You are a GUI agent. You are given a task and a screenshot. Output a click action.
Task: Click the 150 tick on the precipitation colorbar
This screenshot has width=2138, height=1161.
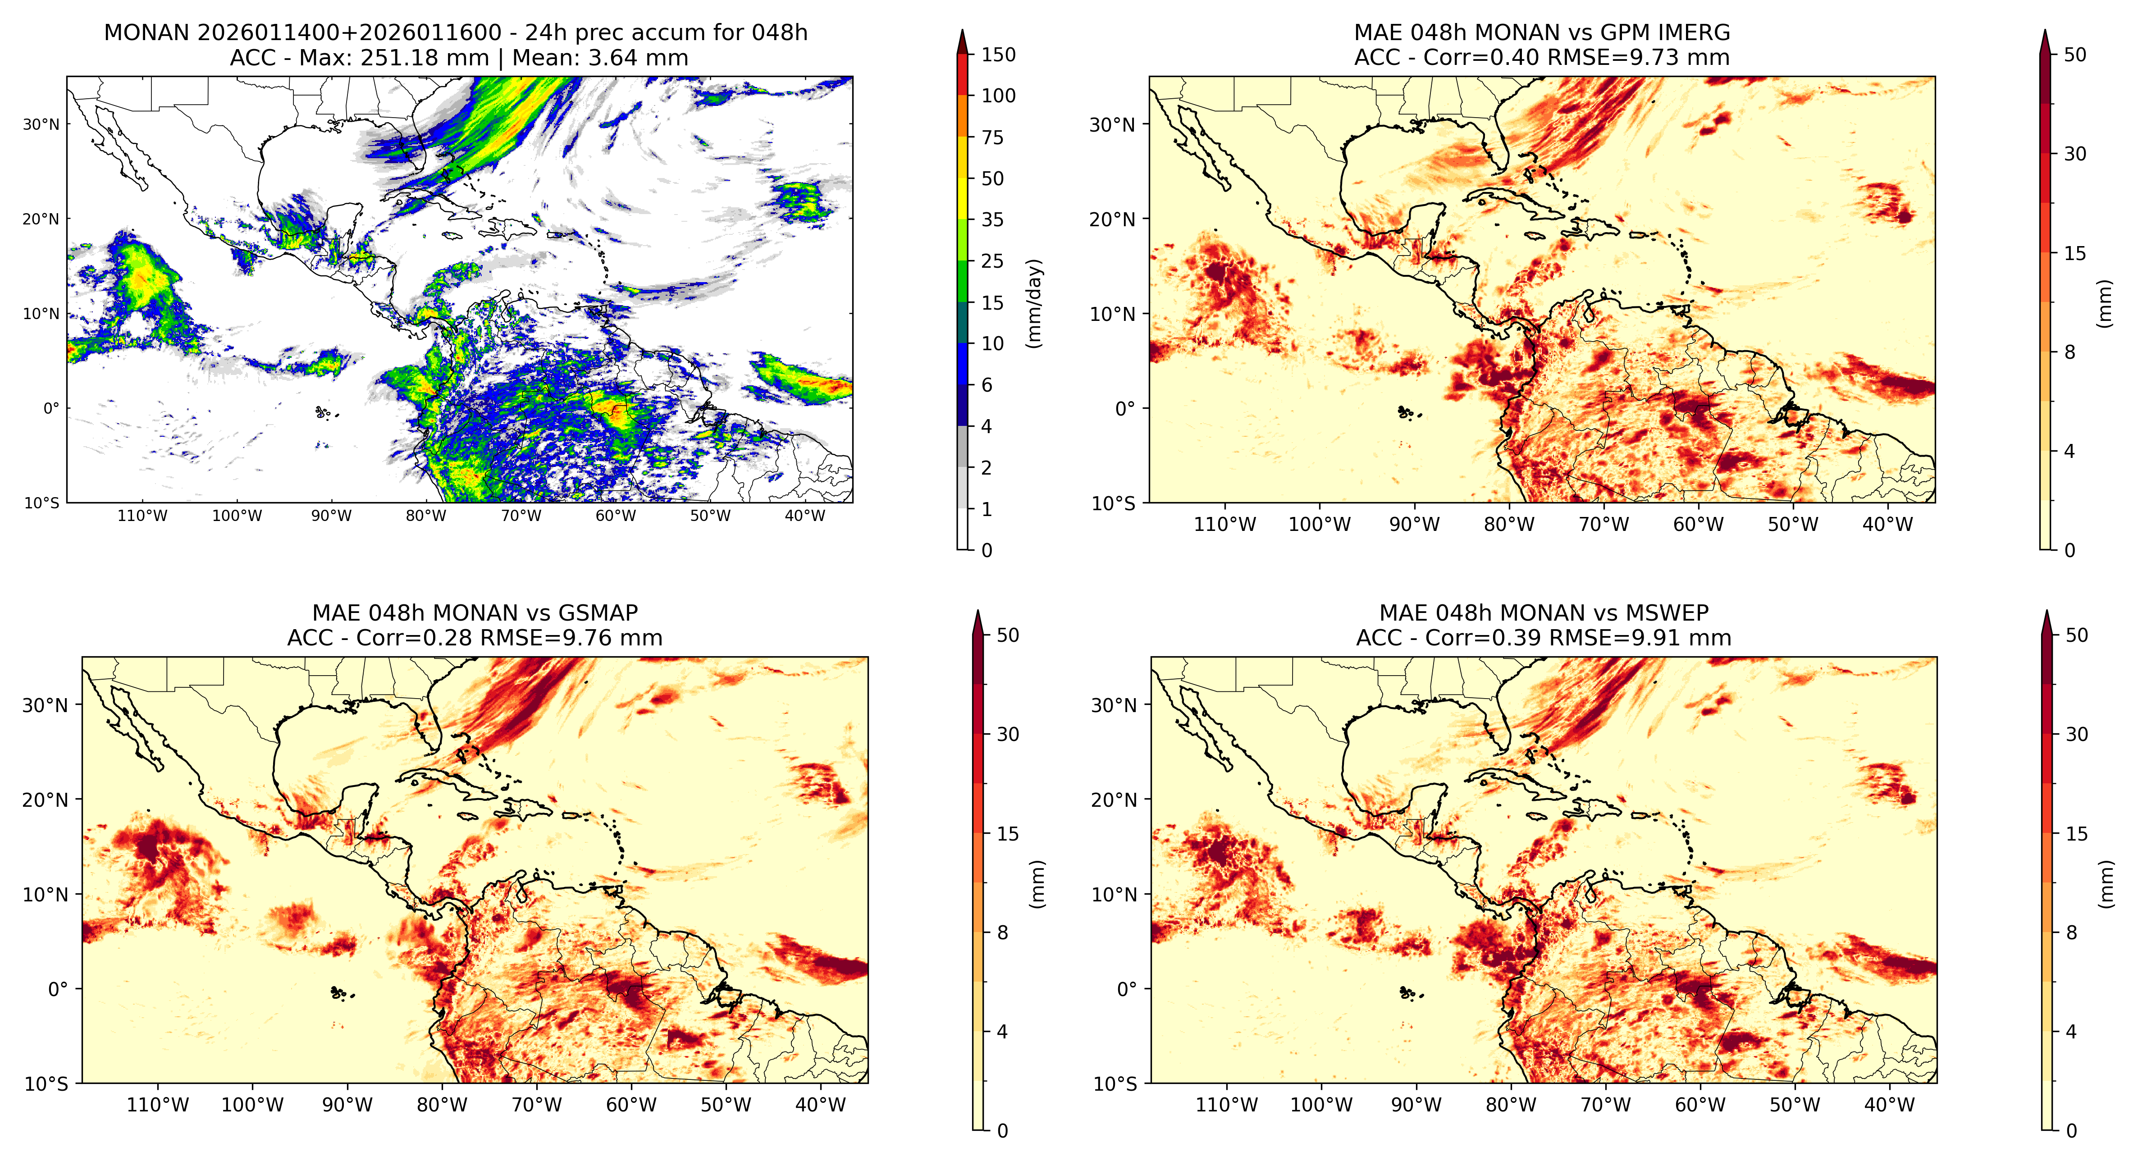pos(998,55)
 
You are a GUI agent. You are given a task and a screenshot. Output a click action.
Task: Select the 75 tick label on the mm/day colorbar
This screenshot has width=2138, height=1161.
pos(993,138)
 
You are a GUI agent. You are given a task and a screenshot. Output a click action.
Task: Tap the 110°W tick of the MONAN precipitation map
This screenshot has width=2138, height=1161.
pos(143,515)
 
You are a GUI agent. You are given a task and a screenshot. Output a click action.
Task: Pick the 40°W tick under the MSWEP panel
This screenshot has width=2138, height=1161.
pos(1889,1105)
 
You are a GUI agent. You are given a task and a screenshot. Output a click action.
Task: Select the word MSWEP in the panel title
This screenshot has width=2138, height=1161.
pos(1667,613)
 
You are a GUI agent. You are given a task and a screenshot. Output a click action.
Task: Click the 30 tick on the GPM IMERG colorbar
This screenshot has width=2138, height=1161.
pos(2075,154)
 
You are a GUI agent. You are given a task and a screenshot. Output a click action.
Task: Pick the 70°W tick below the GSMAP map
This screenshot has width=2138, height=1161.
pos(537,1105)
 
